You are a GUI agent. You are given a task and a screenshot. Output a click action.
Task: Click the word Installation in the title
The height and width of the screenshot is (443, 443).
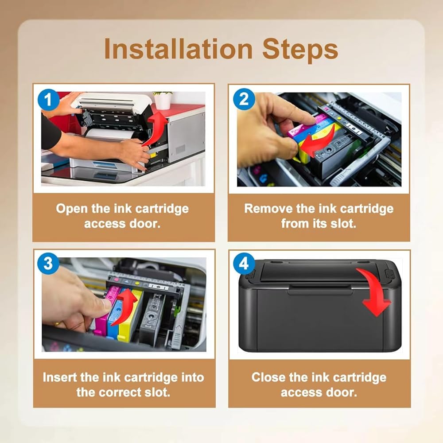178,49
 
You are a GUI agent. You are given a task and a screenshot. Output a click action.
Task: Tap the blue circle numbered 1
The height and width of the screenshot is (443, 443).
48,100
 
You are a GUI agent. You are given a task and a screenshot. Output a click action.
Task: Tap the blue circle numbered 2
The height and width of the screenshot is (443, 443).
244,99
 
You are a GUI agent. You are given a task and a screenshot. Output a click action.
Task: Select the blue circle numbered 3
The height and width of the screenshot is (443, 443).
48,264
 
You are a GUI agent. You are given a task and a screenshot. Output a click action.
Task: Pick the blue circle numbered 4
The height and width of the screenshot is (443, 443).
244,264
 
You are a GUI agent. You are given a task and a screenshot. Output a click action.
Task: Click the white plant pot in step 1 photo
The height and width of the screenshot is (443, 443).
163,101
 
